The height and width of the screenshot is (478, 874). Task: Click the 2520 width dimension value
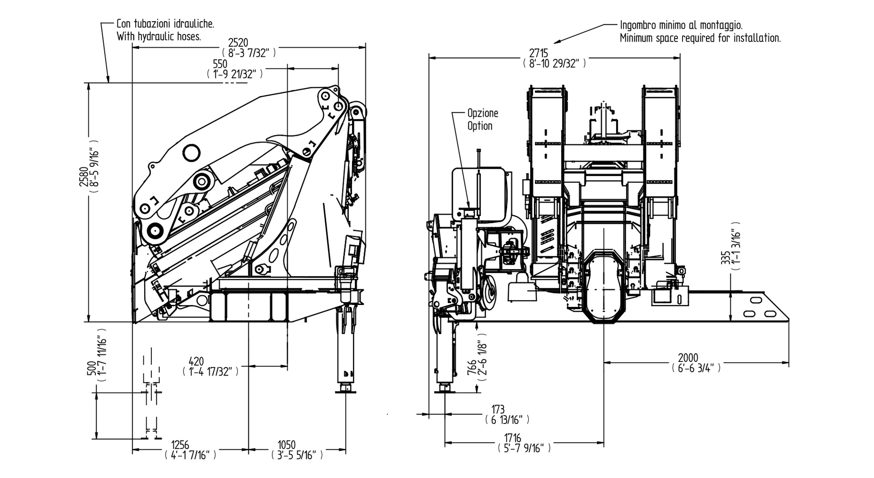(x=238, y=43)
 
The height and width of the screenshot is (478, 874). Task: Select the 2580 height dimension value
(x=84, y=176)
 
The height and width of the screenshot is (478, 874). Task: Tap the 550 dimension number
(x=220, y=64)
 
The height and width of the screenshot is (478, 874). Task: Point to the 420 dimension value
(x=196, y=361)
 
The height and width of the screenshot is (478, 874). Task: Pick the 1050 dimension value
(x=287, y=445)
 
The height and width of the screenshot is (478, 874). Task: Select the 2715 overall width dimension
(x=539, y=52)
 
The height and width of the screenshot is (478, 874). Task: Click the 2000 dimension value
(x=688, y=358)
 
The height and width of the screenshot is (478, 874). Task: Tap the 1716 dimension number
(x=512, y=438)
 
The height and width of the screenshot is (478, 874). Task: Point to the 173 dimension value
(x=498, y=410)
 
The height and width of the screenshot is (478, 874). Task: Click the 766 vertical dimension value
(x=471, y=369)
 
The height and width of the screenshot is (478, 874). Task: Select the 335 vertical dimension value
(x=725, y=258)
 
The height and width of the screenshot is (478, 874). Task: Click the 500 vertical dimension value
(x=91, y=368)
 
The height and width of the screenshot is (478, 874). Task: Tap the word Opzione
(x=482, y=113)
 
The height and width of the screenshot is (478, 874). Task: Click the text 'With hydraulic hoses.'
(x=159, y=36)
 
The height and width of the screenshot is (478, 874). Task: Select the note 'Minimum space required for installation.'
(x=700, y=38)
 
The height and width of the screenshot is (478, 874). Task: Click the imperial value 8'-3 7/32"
(x=249, y=53)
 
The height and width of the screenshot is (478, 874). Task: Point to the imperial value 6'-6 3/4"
(x=696, y=368)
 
